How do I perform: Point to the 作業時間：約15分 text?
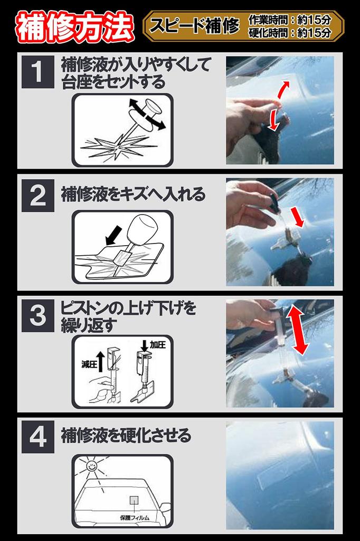[290, 20]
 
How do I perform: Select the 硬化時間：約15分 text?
[290, 33]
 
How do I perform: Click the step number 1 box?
[38, 72]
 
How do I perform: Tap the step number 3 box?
[38, 315]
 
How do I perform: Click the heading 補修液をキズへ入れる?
[133, 194]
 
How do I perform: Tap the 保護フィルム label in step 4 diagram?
[135, 517]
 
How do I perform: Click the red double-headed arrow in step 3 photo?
[298, 331]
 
